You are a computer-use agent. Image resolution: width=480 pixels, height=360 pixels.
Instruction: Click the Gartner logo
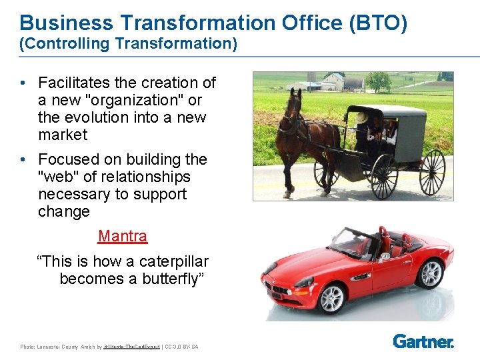423,341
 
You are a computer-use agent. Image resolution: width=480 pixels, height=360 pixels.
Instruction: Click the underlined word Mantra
123,236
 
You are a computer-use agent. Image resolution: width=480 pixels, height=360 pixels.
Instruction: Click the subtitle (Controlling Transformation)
128,44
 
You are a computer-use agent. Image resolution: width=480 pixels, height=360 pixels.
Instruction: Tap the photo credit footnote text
109,347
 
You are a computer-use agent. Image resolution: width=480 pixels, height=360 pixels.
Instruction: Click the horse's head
293,104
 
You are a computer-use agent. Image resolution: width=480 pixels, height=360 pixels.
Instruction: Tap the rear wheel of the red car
431,273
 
